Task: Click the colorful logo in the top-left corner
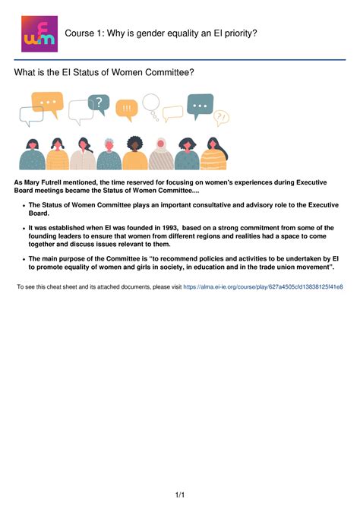coord(38,34)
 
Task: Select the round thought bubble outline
coord(151,103)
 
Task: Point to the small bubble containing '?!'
coord(221,117)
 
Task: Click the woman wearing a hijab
coord(161,154)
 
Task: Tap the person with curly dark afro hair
coord(135,154)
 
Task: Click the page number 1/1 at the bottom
coord(180,495)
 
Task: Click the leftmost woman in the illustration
coord(32,154)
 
